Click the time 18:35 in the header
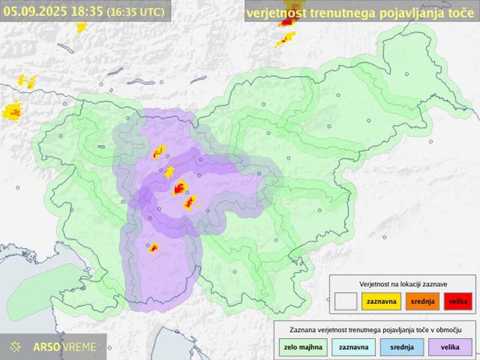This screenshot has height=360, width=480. click(87, 11)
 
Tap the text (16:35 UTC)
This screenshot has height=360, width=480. click(136, 12)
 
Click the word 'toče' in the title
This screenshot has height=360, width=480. click(461, 13)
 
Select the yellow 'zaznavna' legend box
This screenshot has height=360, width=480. click(381, 301)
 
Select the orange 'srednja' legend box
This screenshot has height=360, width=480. click(422, 301)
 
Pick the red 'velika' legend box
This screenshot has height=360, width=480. click(458, 301)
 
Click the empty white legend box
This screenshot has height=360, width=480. click(346, 301)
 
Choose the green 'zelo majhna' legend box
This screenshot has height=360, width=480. click(303, 347)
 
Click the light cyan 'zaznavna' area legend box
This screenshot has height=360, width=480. click(353, 347)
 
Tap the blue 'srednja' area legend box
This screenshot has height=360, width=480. click(401, 347)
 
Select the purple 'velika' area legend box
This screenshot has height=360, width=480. click(450, 347)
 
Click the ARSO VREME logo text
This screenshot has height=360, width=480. click(64, 347)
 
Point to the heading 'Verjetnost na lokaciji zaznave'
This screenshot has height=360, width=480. click(403, 283)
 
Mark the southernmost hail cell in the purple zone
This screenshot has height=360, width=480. click(153, 248)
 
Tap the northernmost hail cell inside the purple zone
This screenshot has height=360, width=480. click(159, 151)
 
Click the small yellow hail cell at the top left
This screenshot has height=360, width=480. click(81, 27)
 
